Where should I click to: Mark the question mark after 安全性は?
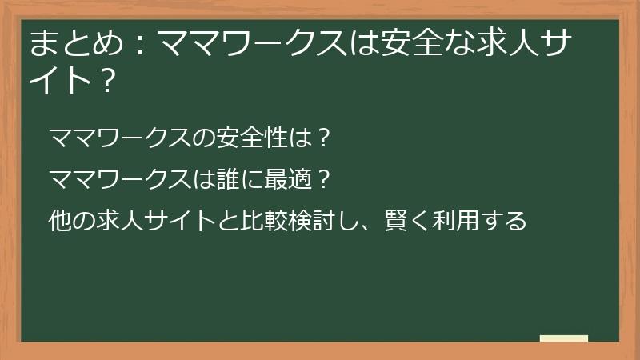click(x=323, y=138)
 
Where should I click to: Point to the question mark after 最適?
click(x=322, y=178)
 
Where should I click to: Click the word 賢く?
click(x=391, y=218)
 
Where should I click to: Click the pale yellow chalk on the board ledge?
click(x=564, y=338)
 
